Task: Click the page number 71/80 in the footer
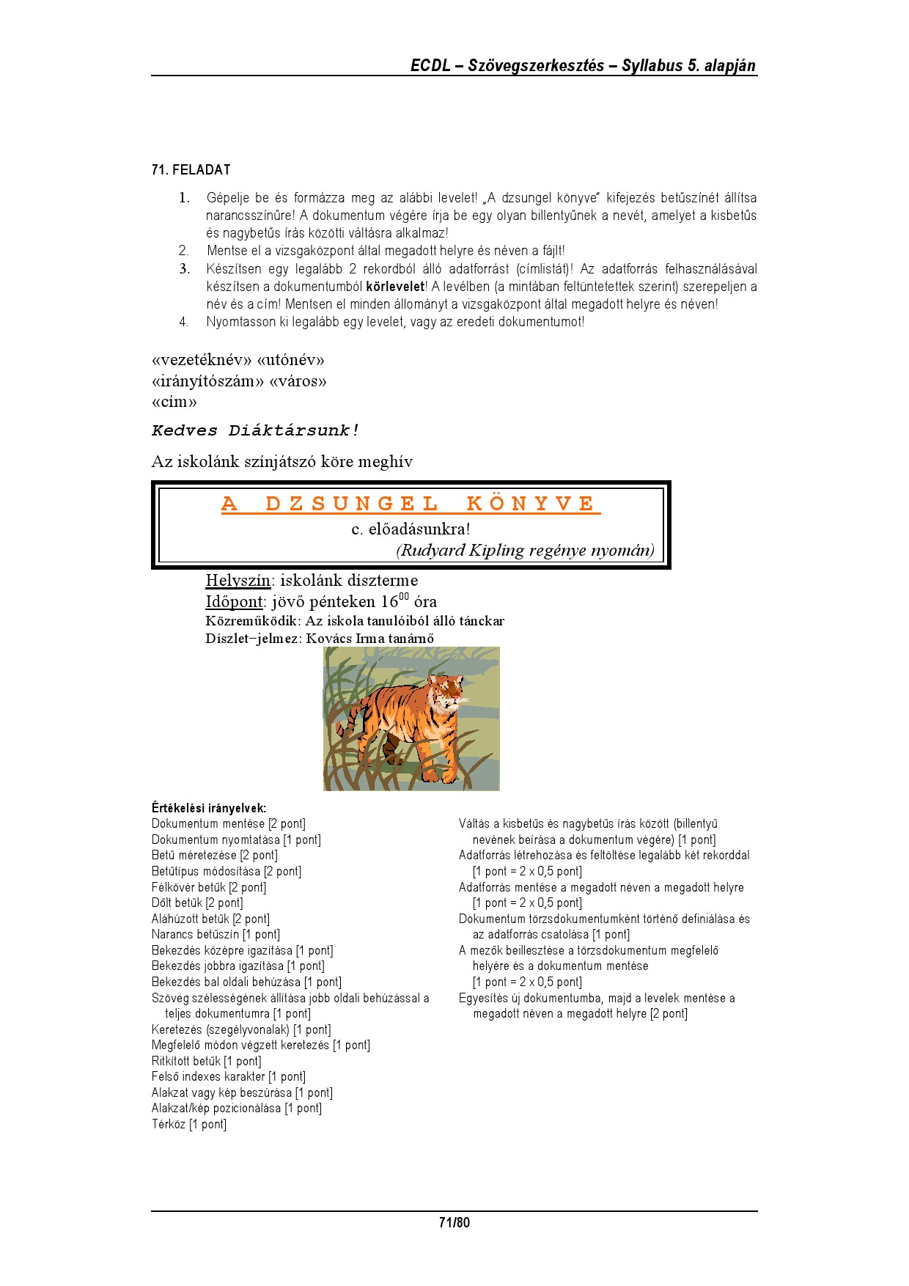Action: (454, 1222)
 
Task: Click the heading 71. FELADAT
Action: (191, 170)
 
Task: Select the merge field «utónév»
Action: (290, 360)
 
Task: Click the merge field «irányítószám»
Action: (208, 381)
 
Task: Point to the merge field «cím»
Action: (174, 402)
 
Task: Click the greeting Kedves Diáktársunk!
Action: (256, 430)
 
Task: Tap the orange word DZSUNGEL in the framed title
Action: (352, 504)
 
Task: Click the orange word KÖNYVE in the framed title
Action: (532, 504)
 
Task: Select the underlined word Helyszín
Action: (238, 581)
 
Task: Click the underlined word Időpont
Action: (234, 602)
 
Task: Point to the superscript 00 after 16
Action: (404, 597)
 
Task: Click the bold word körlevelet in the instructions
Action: (395, 287)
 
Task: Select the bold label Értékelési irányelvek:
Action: (209, 808)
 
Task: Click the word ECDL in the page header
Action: (430, 65)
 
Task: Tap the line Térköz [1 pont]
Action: (189, 1124)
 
